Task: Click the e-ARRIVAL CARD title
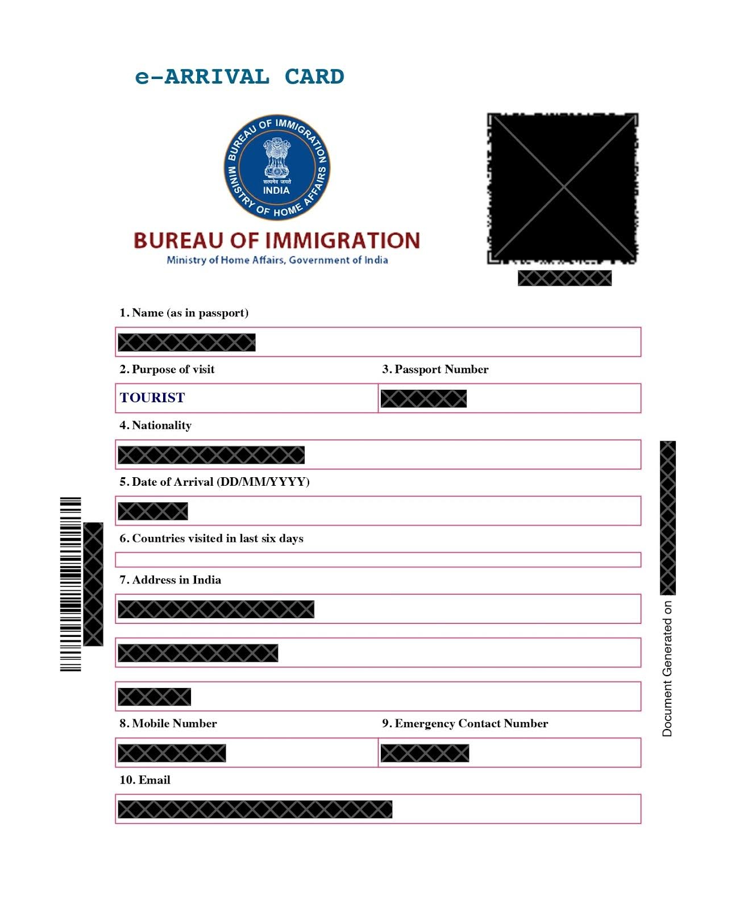[239, 77]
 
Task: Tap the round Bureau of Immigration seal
[277, 168]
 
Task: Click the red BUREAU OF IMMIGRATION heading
[277, 240]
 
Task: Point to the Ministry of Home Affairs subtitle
[277, 260]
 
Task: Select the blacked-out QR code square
[563, 188]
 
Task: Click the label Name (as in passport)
[184, 313]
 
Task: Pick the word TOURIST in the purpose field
[152, 398]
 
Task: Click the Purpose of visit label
[167, 369]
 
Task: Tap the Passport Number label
[435, 369]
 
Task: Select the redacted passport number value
[423, 399]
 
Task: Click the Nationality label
[156, 426]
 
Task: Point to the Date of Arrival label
[214, 482]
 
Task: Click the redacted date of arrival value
[153, 511]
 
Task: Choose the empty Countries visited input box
[378, 560]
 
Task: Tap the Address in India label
[171, 580]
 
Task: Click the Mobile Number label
[168, 724]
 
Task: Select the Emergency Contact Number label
[465, 724]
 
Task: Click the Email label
[145, 780]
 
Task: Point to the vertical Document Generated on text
[667, 669]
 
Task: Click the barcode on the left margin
[70, 584]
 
